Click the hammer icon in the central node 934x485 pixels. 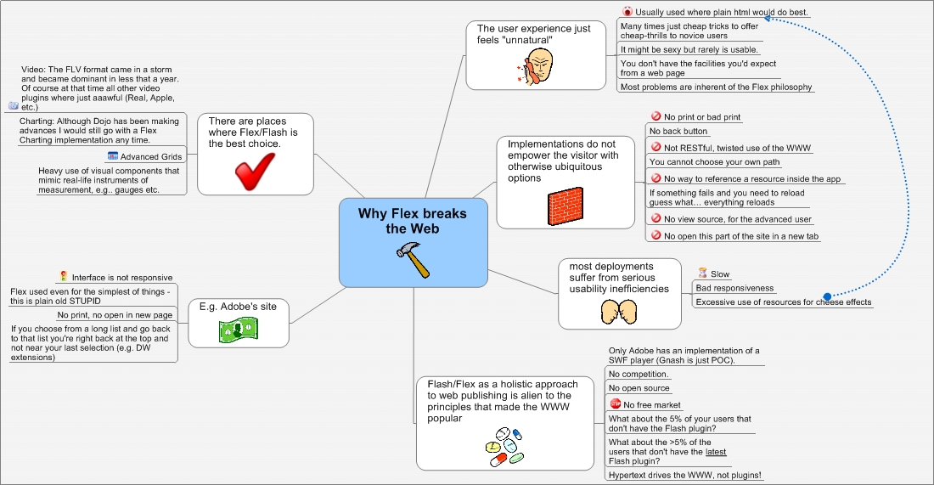pyautogui.click(x=414, y=259)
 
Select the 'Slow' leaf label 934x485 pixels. pyautogui.click(x=720, y=274)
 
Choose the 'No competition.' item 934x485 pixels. pyautogui.click(x=639, y=374)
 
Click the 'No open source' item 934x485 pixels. pyautogui.click(x=639, y=388)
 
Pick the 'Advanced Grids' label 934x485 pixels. pyautogui.click(x=150, y=157)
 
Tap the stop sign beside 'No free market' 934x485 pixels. pyautogui.click(x=616, y=404)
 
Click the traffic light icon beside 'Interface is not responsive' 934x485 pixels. pyautogui.click(x=64, y=277)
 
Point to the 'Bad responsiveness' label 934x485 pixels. pyautogui.click(x=734, y=288)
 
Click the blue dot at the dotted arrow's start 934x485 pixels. pyautogui.click(x=827, y=296)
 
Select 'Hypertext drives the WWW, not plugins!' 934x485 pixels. pyautogui.click(x=684, y=476)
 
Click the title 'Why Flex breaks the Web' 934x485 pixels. pyautogui.click(x=413, y=221)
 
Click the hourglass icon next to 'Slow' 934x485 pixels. pyautogui.click(x=702, y=274)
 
